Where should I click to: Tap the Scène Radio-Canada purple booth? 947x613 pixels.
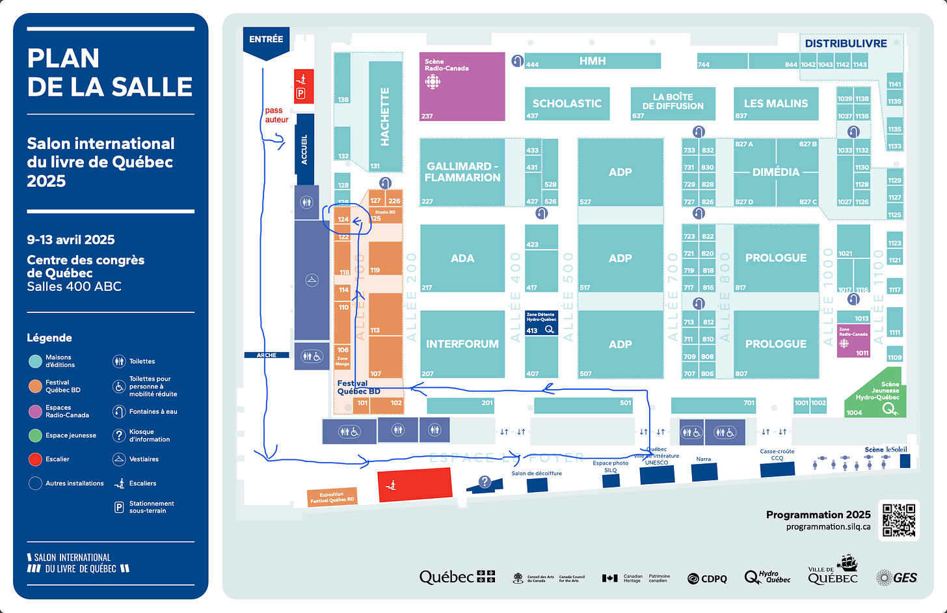pos(462,87)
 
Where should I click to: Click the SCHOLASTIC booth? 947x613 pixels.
pos(567,103)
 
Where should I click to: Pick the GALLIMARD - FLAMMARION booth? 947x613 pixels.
pos(462,172)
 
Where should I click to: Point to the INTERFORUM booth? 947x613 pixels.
pos(462,344)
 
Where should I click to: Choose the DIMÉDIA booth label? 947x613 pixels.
pos(776,172)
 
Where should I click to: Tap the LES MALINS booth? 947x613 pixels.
pos(776,103)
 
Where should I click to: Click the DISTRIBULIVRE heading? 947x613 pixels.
pos(846,44)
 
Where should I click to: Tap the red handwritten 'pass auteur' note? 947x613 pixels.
pos(276,115)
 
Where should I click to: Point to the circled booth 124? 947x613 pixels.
pos(343,219)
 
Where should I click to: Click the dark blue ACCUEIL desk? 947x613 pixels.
pos(304,148)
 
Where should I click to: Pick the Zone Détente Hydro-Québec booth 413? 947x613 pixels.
pos(541,323)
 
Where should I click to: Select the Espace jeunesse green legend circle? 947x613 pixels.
pos(35,435)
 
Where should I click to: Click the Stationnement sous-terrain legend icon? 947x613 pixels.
pos(119,507)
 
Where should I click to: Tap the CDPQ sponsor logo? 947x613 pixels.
pos(707,579)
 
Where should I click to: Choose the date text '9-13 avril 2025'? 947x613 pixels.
pos(71,239)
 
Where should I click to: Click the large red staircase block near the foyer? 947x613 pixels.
pos(415,485)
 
